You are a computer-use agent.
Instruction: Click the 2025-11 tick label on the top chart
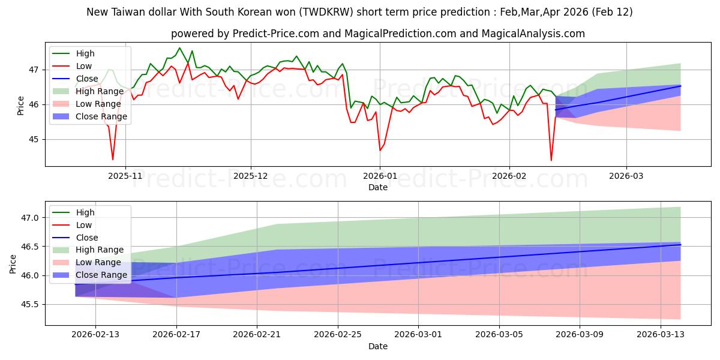[125, 176]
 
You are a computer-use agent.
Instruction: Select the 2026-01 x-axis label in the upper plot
[379, 176]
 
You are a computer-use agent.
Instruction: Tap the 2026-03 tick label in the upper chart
[626, 176]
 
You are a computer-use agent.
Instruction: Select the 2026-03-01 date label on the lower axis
[418, 335]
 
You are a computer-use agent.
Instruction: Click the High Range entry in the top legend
[101, 91]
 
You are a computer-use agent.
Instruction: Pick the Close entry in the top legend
[87, 79]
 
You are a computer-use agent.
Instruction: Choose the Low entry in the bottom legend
[84, 225]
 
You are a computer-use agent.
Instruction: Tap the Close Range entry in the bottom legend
[101, 275]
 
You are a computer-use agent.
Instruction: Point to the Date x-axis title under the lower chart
[377, 346]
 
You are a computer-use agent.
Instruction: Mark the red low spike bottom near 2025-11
[113, 159]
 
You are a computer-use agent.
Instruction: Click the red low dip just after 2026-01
[380, 149]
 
